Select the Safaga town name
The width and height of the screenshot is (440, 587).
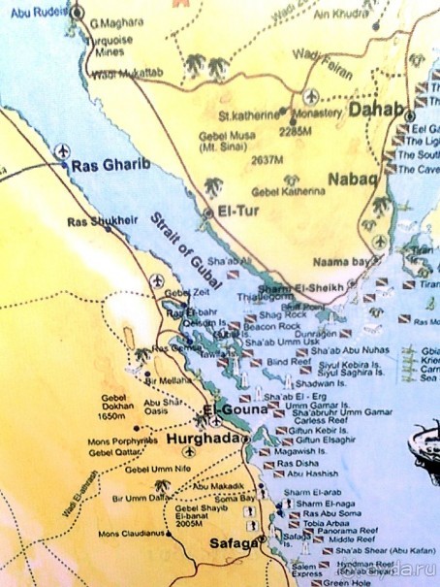[x=231, y=543]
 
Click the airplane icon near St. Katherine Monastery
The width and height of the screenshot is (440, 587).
[x=311, y=97]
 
